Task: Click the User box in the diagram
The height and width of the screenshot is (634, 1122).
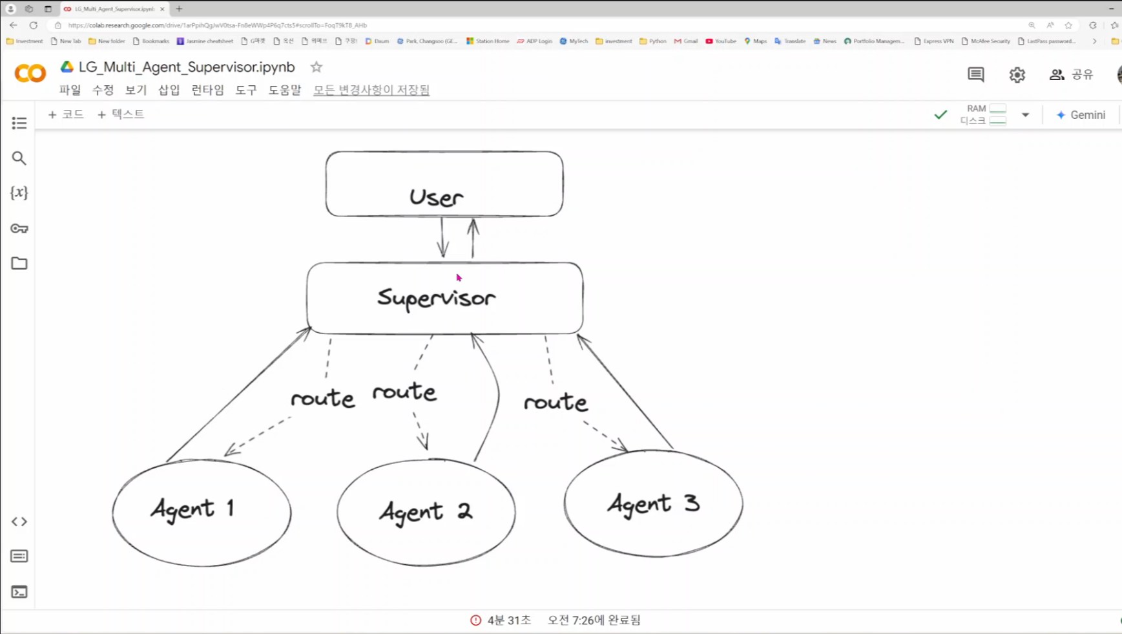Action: pyautogui.click(x=444, y=184)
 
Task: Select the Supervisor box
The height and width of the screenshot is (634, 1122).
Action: pyautogui.click(x=444, y=298)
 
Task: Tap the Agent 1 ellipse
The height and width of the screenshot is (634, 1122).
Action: pyautogui.click(x=202, y=512)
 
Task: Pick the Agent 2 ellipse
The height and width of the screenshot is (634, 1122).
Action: pyautogui.click(x=426, y=512)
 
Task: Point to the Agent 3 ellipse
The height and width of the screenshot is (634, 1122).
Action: pyautogui.click(x=653, y=503)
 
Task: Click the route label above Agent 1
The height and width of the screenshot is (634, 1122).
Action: pyautogui.click(x=322, y=398)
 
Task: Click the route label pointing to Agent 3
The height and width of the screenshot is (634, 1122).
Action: pyautogui.click(x=556, y=402)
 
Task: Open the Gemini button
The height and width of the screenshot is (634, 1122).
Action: pyautogui.click(x=1081, y=115)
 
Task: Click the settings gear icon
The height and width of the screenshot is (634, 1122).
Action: pyautogui.click(x=1017, y=75)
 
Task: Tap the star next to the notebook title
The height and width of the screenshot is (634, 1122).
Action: pyautogui.click(x=317, y=67)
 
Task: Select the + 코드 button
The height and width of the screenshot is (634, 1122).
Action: pyautogui.click(x=66, y=114)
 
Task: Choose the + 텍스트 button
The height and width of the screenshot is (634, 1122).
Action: pyautogui.click(x=121, y=114)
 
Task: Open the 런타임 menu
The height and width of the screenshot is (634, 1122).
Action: pyautogui.click(x=207, y=90)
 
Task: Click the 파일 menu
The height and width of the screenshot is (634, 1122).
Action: pyautogui.click(x=70, y=90)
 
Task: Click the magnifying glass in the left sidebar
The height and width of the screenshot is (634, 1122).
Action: pyautogui.click(x=19, y=158)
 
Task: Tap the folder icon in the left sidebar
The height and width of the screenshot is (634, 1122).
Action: pyautogui.click(x=19, y=263)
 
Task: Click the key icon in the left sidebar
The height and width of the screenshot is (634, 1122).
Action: pyautogui.click(x=19, y=228)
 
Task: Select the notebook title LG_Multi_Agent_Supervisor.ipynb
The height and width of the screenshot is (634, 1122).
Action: pyautogui.click(x=187, y=67)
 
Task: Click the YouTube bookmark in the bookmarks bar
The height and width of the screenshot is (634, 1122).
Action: pyautogui.click(x=721, y=41)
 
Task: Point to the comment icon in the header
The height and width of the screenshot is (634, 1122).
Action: pyautogui.click(x=975, y=75)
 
